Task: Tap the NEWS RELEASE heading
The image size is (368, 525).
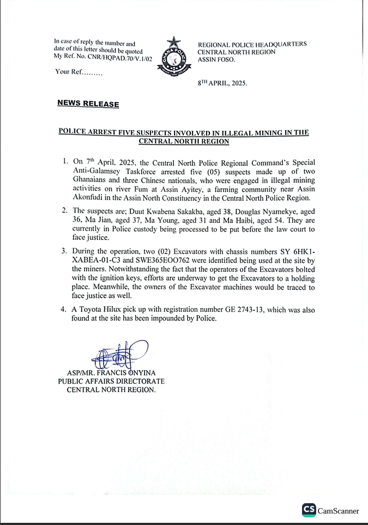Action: point(88,104)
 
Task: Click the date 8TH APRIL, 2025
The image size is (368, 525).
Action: point(222,83)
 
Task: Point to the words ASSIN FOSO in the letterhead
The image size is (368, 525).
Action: point(216,60)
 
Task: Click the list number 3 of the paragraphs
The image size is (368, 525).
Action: point(64,251)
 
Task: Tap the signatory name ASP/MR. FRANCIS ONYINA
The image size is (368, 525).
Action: point(111,373)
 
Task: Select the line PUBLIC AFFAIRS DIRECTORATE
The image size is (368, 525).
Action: point(111,382)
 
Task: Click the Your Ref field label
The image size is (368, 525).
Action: point(78,72)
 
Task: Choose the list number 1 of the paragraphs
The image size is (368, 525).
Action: point(64,161)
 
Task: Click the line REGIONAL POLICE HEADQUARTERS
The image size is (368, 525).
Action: point(252,44)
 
